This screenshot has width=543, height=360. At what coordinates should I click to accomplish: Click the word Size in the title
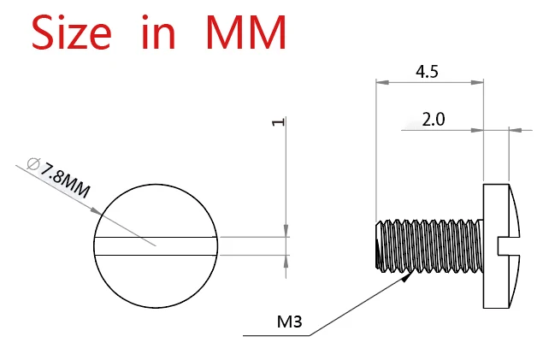tap(72, 32)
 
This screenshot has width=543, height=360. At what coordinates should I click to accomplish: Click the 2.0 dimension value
tap(433, 119)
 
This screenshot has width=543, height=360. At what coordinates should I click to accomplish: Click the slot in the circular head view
tap(156, 245)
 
